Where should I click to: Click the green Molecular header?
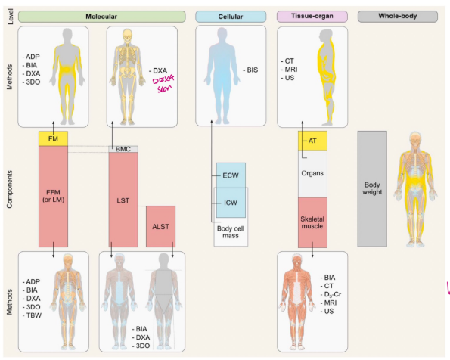(102, 17)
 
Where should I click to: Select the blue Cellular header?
(231, 17)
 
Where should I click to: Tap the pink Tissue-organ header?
(312, 17)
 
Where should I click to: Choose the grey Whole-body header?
(398, 17)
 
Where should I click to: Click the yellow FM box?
(54, 138)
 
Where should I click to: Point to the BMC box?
(123, 149)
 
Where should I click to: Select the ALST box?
(160, 226)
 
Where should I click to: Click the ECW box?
(231, 175)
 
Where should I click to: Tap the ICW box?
(231, 203)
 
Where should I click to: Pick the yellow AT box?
(312, 141)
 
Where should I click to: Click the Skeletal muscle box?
(312, 222)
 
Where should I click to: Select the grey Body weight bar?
(372, 188)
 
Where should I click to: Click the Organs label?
(312, 173)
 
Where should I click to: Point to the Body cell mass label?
(231, 232)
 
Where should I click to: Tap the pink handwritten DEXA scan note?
(163, 83)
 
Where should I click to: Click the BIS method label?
(250, 70)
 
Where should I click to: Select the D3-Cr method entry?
(331, 294)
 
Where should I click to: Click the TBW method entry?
(32, 315)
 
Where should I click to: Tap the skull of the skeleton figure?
(127, 36)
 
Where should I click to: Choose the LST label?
(123, 200)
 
